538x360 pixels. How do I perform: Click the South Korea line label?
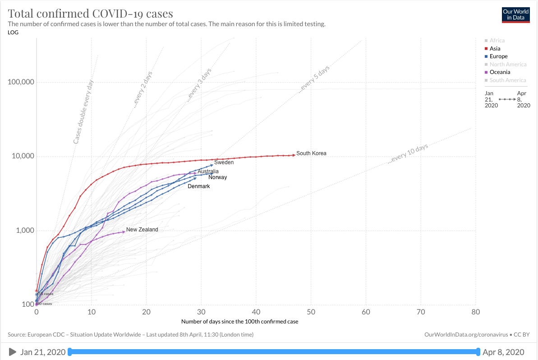pyautogui.click(x=311, y=153)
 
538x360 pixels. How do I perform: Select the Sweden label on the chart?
pyautogui.click(x=224, y=162)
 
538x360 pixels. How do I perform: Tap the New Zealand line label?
pyautogui.click(x=142, y=230)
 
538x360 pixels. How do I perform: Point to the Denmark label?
pyautogui.click(x=198, y=186)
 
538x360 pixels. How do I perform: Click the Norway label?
pyautogui.click(x=217, y=177)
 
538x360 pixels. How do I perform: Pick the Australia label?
pyautogui.click(x=208, y=171)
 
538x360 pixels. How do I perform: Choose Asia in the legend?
pyautogui.click(x=495, y=48)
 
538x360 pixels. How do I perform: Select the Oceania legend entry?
pyautogui.click(x=500, y=72)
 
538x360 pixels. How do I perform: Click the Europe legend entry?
pyautogui.click(x=498, y=56)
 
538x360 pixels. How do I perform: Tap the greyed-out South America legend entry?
pyautogui.click(x=508, y=80)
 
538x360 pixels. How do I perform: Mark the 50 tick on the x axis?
pyautogui.click(x=311, y=312)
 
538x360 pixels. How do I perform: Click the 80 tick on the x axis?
pyautogui.click(x=475, y=312)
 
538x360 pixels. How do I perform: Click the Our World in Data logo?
pyautogui.click(x=516, y=15)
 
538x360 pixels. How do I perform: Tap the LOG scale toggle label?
pyautogui.click(x=13, y=32)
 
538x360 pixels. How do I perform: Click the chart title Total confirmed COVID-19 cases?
pyautogui.click(x=90, y=13)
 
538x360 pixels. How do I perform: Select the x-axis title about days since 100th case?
pyautogui.click(x=239, y=322)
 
